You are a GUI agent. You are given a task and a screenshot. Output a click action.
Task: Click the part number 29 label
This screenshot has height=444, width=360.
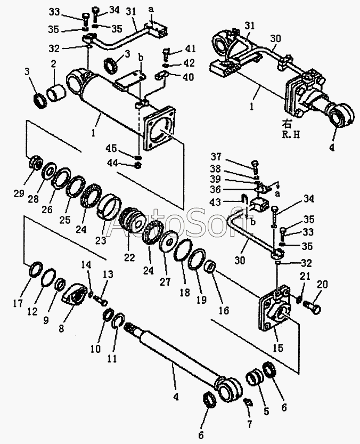point(20,193)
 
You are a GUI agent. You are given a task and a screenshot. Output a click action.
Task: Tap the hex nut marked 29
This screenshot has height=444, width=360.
point(36,163)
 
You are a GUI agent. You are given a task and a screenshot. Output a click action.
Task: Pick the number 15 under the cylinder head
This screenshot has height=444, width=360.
point(277,348)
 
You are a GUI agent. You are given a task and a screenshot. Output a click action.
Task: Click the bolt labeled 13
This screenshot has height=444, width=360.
point(100,298)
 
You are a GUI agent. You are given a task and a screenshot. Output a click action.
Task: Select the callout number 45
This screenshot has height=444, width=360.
point(111,148)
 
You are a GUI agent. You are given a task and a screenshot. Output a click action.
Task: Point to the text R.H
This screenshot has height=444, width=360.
point(291,135)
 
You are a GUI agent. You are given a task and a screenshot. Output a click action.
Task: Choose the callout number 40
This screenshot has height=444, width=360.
point(188,76)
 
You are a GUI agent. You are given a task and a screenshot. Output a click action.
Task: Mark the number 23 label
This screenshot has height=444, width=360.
point(101,240)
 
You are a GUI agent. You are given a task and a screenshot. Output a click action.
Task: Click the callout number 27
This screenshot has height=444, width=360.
point(166,281)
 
